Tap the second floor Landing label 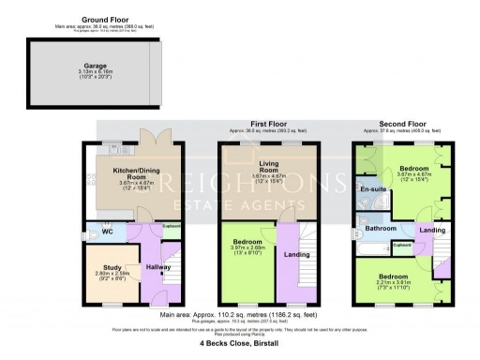pyautogui.click(x=432, y=230)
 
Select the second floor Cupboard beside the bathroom pyautogui.click(x=402, y=246)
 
